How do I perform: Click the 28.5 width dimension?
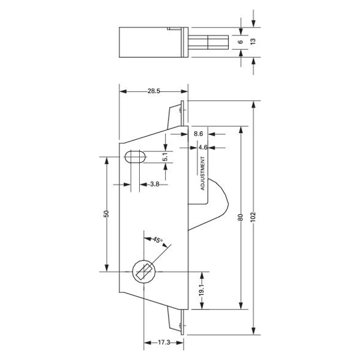153,91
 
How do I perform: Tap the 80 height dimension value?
240,217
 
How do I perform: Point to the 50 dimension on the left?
106,214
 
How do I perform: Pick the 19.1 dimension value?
202,289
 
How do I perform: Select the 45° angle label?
157,240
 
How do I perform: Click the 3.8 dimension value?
154,184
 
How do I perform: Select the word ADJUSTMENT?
203,174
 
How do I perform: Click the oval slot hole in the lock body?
135,157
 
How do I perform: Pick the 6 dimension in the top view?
240,42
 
